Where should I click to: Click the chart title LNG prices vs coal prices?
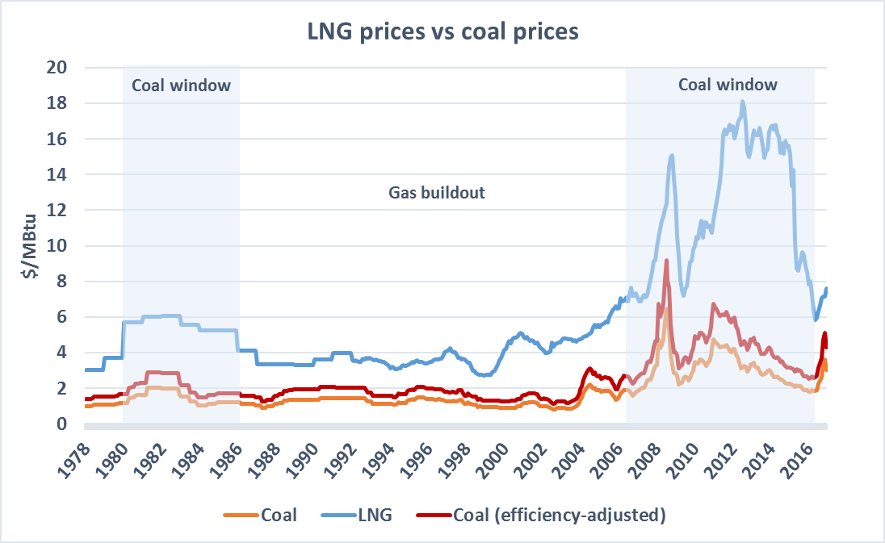(x=442, y=33)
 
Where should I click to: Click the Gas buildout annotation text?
(x=437, y=194)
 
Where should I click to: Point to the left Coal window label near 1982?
(x=181, y=86)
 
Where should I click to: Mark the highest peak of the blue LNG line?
(x=743, y=102)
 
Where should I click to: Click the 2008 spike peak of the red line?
(x=666, y=260)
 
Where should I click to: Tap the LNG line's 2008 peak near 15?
(x=672, y=155)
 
